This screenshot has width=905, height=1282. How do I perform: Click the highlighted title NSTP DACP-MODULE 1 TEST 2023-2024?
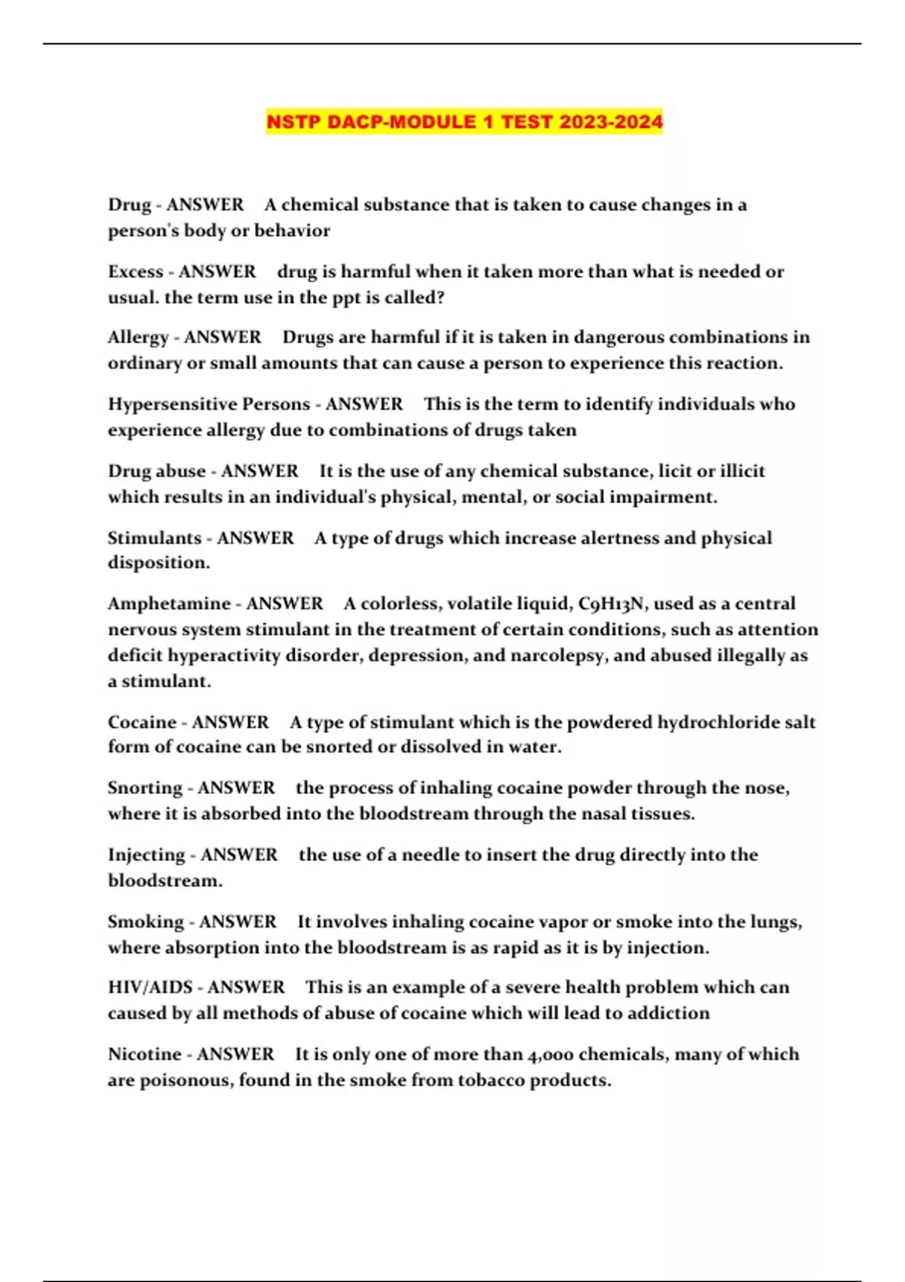pyautogui.click(x=464, y=121)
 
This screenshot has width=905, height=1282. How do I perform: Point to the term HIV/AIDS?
pyautogui.click(x=149, y=987)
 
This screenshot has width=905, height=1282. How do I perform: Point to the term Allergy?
pyautogui.click(x=137, y=337)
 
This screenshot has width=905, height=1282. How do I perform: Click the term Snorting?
pyautogui.click(x=145, y=788)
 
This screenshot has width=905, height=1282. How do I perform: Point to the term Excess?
pyautogui.click(x=135, y=271)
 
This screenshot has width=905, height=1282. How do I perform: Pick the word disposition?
pyautogui.click(x=158, y=563)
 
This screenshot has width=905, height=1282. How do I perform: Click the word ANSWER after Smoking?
pyautogui.click(x=238, y=922)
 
